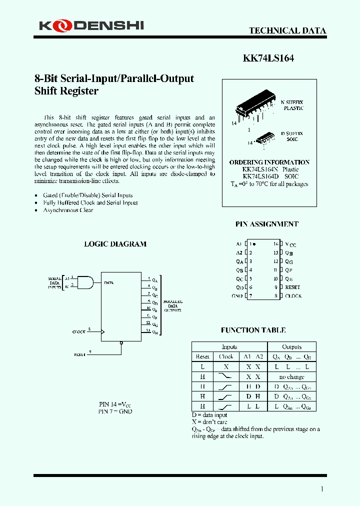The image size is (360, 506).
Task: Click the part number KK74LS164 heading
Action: click(268, 58)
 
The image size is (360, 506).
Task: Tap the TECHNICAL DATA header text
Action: click(287, 30)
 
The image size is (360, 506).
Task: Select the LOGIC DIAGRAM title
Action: click(115, 244)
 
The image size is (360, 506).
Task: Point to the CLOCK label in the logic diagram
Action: click(79, 332)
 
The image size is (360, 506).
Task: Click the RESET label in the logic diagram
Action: click(80, 354)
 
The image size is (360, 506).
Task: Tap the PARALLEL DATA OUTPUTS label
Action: click(173, 306)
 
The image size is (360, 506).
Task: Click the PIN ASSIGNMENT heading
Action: click(266, 224)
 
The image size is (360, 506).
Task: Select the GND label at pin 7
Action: click(237, 296)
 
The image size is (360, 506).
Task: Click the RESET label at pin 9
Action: click(292, 287)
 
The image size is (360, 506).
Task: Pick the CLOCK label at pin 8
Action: click(293, 296)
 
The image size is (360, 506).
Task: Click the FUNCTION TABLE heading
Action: click(253, 330)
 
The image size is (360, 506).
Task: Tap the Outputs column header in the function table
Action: click(291, 347)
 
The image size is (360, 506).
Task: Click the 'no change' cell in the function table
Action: click(291, 377)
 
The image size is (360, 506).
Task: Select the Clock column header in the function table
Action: click(226, 356)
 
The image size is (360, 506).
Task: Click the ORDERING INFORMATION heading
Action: click(269, 162)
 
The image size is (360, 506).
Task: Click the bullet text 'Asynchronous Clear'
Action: click(68, 210)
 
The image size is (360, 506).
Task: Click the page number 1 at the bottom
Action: click(321, 489)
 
